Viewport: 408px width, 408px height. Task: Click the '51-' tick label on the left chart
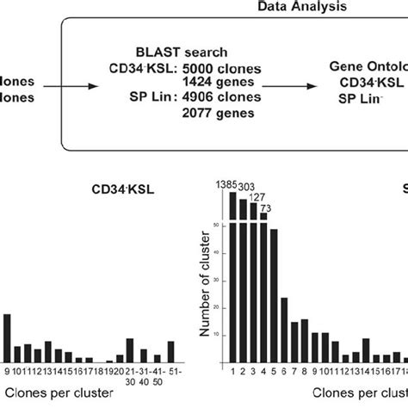[x=171, y=372]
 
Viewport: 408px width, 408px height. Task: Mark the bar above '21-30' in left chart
[x=130, y=349]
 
